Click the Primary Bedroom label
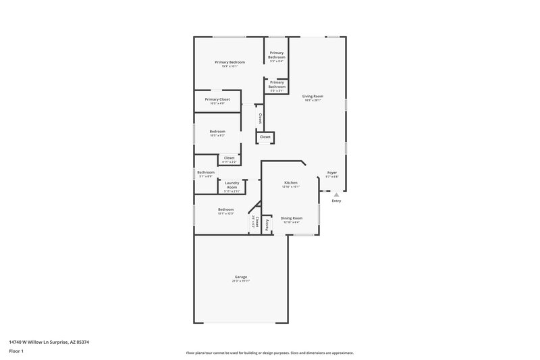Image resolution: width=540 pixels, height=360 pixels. click(230, 62)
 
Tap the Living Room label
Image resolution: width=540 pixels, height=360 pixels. click(313, 96)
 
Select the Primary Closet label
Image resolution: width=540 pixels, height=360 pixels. click(217, 99)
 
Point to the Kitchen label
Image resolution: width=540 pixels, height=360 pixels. click(290, 182)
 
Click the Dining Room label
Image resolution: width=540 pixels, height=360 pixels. click(292, 218)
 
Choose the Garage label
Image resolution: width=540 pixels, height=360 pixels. click(241, 276)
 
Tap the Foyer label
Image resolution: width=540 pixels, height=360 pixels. click(332, 172)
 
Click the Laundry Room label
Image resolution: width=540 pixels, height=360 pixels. click(232, 184)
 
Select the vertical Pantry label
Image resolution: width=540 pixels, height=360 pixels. click(267, 223)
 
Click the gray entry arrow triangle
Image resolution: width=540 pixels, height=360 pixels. click(336, 195)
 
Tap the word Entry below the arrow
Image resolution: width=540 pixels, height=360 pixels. click(336, 201)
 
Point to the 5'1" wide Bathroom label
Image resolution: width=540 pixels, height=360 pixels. click(206, 172)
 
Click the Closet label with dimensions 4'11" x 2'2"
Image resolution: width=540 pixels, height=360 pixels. click(230, 158)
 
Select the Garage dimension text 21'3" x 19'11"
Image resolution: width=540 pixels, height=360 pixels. click(241, 281)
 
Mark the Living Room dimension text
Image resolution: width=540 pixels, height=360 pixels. click(313, 101)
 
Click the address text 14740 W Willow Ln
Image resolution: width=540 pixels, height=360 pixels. click(49, 342)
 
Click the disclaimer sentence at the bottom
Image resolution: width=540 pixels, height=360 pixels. click(269, 353)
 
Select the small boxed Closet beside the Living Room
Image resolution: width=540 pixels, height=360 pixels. click(265, 136)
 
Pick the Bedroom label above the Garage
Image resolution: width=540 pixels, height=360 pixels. click(225, 209)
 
